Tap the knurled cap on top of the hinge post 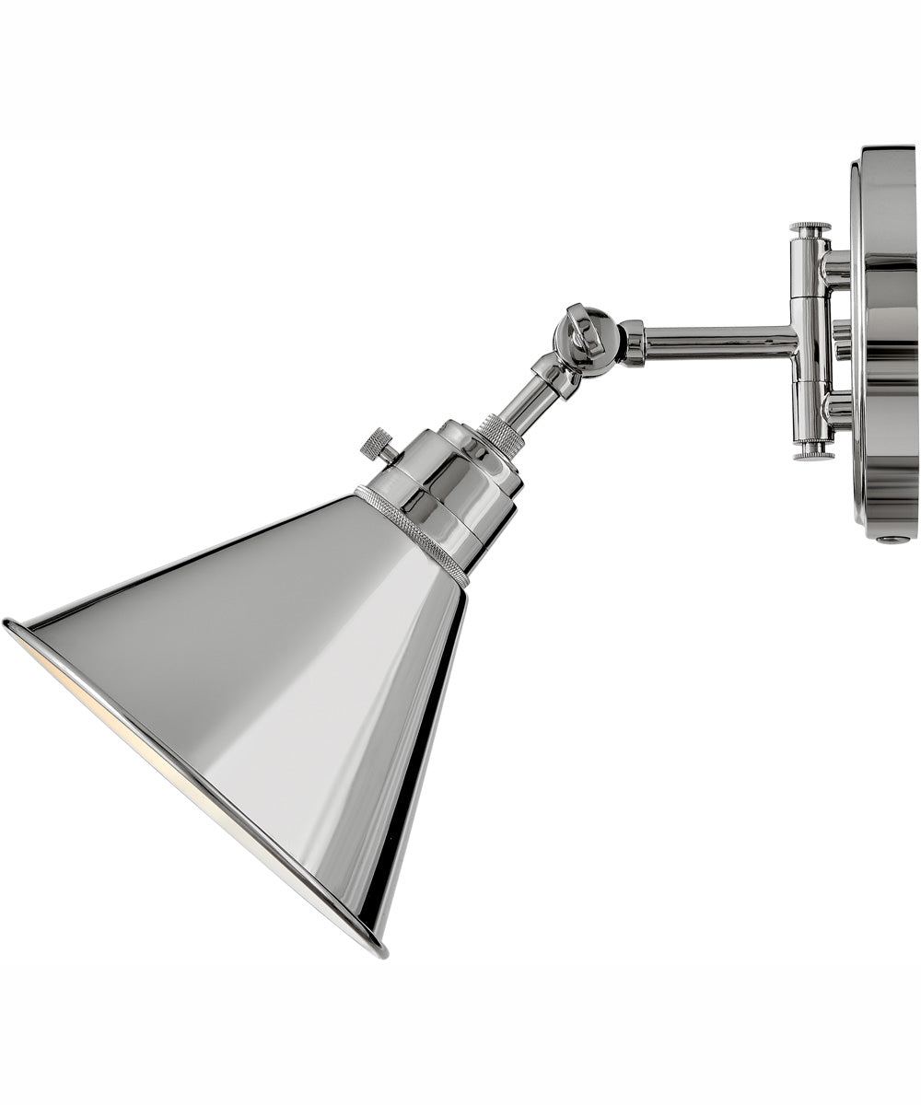pos(810,227)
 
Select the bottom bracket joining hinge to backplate pos(836,410)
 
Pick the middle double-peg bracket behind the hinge pos(841,340)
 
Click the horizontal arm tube pos(718,342)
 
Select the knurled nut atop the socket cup pos(503,432)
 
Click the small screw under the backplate pos(891,539)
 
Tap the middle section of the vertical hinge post pos(810,341)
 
